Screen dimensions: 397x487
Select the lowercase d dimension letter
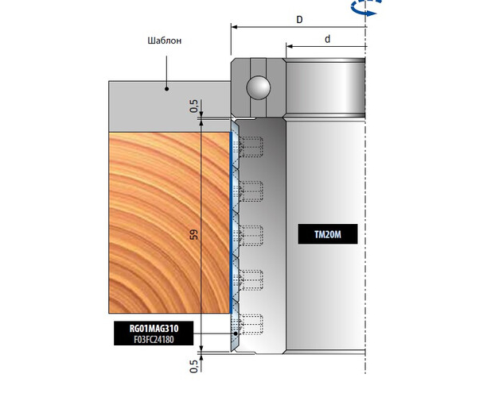tap(328, 39)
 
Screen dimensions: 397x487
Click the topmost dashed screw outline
tap(252, 146)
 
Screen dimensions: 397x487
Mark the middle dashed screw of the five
tap(252, 235)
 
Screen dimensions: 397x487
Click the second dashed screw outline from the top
tap(252, 191)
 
